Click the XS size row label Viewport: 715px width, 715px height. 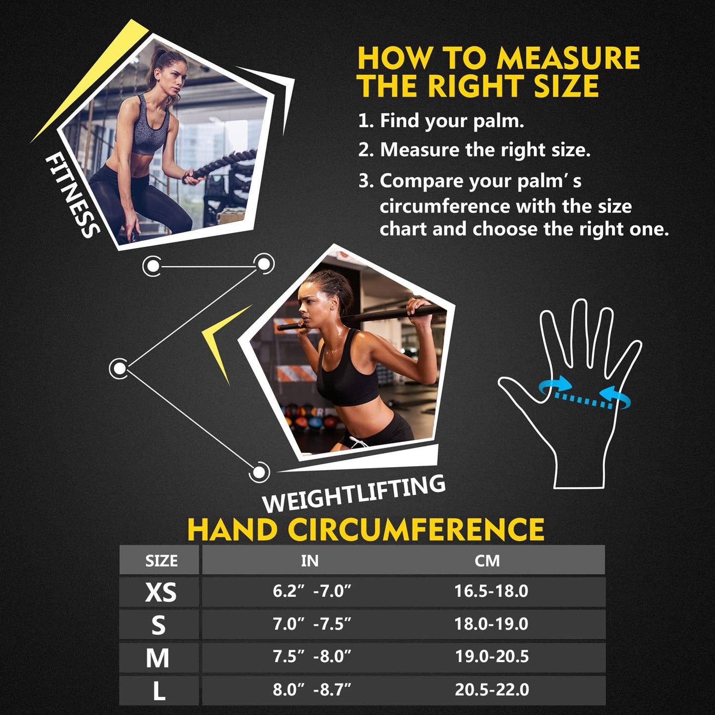(x=160, y=592)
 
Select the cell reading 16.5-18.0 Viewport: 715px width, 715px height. (x=491, y=591)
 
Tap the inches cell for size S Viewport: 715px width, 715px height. (x=312, y=624)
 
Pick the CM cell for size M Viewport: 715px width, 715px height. (x=492, y=657)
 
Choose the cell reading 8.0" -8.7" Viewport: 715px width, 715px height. (x=312, y=689)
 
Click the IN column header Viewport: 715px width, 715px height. (x=310, y=561)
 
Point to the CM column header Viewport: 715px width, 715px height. (x=487, y=561)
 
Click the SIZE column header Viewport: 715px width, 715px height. (x=161, y=561)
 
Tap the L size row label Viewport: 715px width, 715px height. (x=159, y=691)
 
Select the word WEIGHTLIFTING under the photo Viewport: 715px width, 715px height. (x=354, y=493)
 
